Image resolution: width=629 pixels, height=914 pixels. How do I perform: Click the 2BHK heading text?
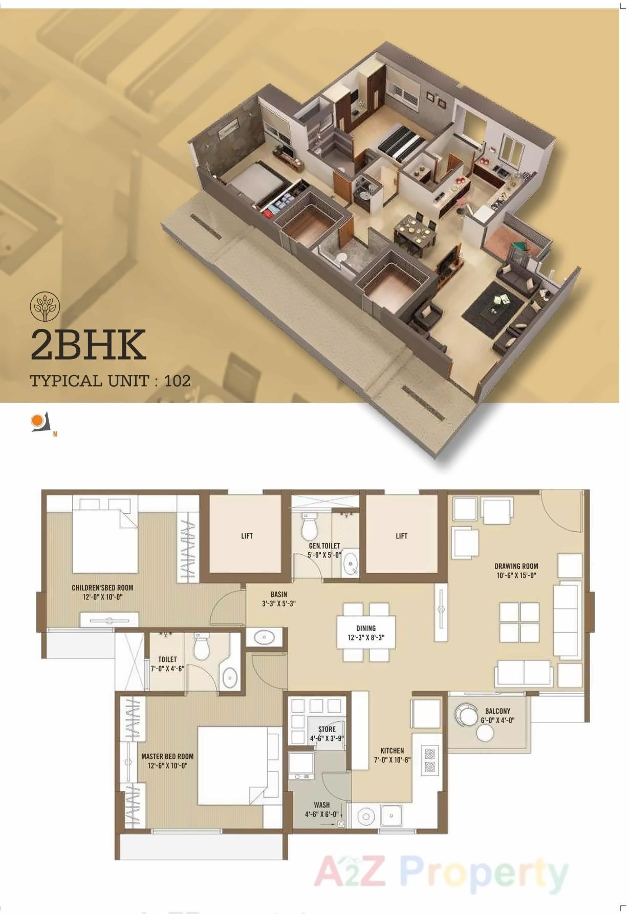tap(88, 344)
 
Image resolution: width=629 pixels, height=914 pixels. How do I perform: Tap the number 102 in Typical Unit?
tap(178, 381)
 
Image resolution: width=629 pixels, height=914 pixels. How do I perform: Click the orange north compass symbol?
tap(37, 421)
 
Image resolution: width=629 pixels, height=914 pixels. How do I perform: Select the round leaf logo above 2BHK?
tap(45, 306)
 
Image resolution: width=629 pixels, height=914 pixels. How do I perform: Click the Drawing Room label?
tap(516, 566)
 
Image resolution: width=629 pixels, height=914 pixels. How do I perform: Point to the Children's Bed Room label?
tap(102, 588)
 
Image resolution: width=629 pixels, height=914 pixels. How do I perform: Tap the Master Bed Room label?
tap(167, 756)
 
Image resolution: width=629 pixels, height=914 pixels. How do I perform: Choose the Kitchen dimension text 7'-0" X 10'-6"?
tap(393, 760)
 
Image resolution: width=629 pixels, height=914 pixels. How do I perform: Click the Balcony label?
tap(497, 711)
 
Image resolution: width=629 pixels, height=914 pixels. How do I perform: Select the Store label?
tap(327, 729)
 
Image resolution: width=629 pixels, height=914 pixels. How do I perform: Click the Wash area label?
tap(321, 805)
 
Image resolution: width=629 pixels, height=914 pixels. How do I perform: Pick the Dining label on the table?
tap(365, 628)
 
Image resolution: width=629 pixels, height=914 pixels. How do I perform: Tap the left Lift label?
tap(247, 536)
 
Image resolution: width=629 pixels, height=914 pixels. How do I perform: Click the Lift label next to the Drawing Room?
tap(402, 536)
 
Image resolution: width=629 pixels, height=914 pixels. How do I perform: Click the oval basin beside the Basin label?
tap(264, 637)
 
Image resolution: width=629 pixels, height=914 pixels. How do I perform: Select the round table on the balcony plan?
tap(484, 733)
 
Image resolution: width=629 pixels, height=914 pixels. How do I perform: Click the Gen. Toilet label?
tap(324, 546)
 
